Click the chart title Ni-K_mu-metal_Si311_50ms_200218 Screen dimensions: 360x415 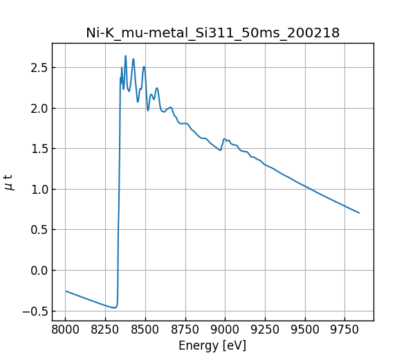[x=212, y=33]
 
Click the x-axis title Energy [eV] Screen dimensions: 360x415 [x=212, y=345]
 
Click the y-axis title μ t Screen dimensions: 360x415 [x=9, y=182]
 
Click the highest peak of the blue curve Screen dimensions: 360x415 [x=125, y=56]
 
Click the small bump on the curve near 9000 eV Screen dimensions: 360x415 [x=224, y=139]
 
